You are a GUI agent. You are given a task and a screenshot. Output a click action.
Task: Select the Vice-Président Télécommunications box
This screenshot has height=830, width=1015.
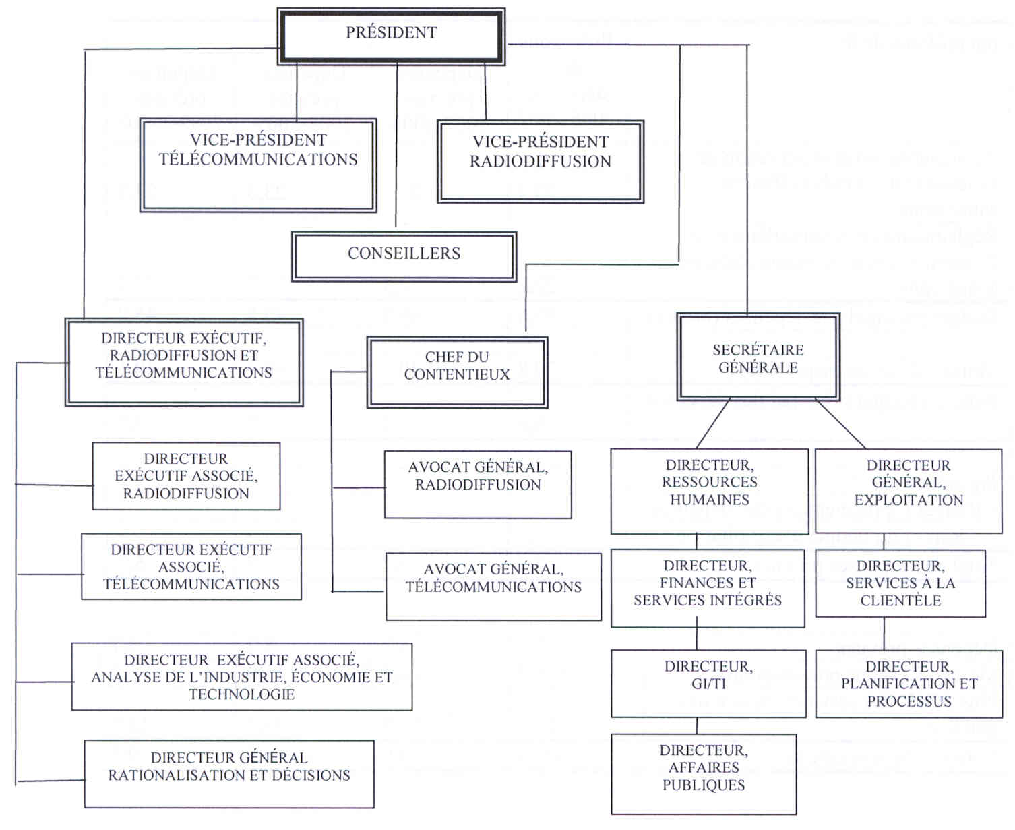click(258, 165)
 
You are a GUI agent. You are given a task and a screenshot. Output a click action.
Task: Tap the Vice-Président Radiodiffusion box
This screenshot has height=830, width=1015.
click(541, 162)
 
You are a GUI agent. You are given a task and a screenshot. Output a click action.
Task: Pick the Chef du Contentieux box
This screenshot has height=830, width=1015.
click(457, 372)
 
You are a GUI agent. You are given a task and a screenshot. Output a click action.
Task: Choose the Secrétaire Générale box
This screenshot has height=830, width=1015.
click(758, 357)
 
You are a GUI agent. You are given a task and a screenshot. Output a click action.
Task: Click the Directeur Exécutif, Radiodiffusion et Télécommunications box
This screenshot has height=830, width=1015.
click(184, 362)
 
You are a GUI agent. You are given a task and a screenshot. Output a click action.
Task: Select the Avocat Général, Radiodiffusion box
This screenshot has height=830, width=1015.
click(478, 484)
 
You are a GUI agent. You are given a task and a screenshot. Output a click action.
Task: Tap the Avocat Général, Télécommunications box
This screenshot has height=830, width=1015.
click(493, 586)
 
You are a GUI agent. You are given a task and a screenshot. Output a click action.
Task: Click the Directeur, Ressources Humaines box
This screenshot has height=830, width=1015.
click(709, 491)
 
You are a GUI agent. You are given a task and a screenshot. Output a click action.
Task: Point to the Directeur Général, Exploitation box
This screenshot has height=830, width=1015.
click(909, 491)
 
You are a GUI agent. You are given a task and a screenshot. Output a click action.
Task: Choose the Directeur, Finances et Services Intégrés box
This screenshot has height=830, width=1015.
click(708, 588)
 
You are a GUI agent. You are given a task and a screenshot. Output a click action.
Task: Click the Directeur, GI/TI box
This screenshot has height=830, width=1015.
click(708, 683)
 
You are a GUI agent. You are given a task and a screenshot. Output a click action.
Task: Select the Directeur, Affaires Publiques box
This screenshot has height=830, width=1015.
click(704, 774)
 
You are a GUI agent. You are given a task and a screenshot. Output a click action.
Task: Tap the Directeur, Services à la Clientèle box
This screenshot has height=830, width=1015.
click(900, 583)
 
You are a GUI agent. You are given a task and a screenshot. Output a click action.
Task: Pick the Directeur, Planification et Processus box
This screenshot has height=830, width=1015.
click(909, 684)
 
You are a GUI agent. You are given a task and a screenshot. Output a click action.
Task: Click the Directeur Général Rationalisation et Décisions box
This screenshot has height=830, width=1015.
click(229, 773)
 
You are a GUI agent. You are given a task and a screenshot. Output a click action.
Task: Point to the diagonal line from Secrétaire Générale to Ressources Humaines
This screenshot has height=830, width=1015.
click(713, 424)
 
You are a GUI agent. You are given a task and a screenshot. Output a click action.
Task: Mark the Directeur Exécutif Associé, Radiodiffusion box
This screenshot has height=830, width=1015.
click(186, 476)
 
